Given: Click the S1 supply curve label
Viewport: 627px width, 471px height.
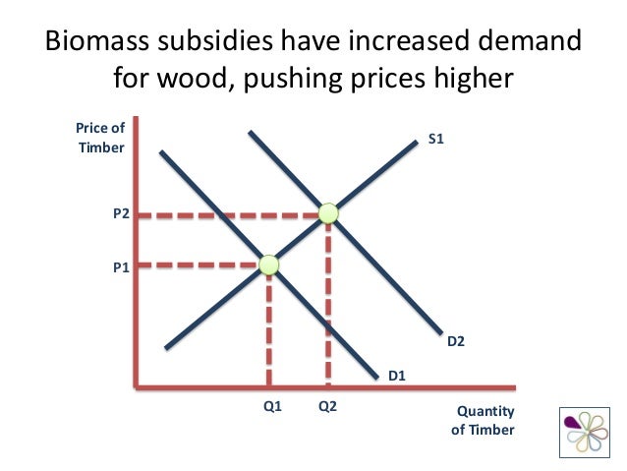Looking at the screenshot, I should [x=437, y=141].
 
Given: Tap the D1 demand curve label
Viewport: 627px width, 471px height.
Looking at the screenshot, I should [x=397, y=375].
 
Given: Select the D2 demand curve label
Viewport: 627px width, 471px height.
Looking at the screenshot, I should [x=456, y=342].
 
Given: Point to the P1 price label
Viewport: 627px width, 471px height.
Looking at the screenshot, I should [x=121, y=265].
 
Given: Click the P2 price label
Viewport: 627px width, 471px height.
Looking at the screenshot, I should [x=121, y=212].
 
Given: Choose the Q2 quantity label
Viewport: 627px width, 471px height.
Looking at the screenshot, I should [x=327, y=405].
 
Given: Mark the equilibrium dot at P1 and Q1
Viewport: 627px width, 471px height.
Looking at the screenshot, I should [x=268, y=264].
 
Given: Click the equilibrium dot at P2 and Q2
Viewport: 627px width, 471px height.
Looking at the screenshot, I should [x=328, y=212].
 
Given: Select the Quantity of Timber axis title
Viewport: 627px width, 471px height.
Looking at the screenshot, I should [x=482, y=420].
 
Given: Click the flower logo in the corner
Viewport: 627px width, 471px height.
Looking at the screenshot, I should [x=584, y=433].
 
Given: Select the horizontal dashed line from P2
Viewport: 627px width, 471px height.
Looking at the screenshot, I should [x=231, y=213].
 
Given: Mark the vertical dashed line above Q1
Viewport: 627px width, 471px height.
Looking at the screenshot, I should [x=268, y=324].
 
